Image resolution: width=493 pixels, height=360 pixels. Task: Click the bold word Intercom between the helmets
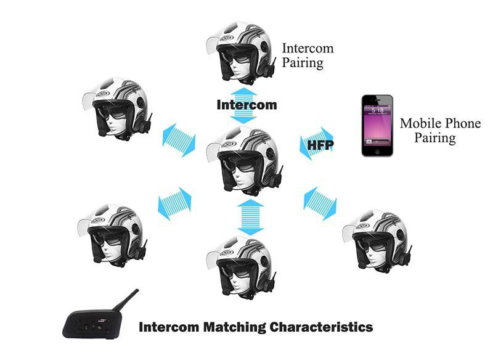click(247, 105)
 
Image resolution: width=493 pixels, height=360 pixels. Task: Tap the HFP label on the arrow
click(320, 145)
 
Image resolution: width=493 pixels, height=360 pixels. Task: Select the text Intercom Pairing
click(308, 55)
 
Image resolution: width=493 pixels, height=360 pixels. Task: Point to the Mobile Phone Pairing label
click(440, 131)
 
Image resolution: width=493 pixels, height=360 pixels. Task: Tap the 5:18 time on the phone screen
click(377, 110)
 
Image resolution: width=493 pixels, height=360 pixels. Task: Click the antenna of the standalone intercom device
click(126, 300)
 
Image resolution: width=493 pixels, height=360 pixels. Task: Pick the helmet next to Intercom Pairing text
click(241, 52)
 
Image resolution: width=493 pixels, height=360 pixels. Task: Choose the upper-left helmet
click(118, 108)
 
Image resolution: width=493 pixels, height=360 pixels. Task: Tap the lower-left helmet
click(112, 234)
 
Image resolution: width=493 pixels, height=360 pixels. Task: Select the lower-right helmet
click(377, 240)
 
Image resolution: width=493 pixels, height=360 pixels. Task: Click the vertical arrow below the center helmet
click(250, 217)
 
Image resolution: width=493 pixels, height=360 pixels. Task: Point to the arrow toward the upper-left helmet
click(179, 140)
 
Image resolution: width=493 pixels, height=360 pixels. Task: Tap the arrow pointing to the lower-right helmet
click(320, 203)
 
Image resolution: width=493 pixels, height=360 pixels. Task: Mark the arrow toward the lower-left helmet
click(174, 203)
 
